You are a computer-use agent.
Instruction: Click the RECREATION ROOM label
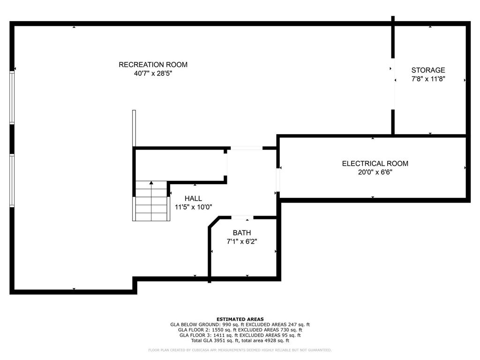pyautogui.click(x=153, y=65)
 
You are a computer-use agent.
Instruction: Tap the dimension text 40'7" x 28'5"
pyautogui.click(x=153, y=74)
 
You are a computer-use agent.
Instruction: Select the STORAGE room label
pyautogui.click(x=428, y=70)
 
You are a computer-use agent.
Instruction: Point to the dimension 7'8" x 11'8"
pyautogui.click(x=428, y=79)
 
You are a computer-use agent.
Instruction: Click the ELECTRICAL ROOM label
pyautogui.click(x=375, y=164)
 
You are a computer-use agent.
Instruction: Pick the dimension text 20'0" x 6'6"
pyautogui.click(x=375, y=172)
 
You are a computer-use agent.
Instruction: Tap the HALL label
pyautogui.click(x=193, y=198)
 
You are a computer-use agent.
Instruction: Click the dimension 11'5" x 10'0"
pyautogui.click(x=193, y=207)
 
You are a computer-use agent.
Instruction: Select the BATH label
pyautogui.click(x=242, y=232)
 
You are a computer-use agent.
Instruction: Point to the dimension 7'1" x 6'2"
pyautogui.click(x=242, y=241)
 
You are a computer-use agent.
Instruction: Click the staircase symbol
pyautogui.click(x=151, y=202)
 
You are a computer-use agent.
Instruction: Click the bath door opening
pyautogui.click(x=243, y=217)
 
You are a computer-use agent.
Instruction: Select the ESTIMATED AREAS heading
pyautogui.click(x=240, y=319)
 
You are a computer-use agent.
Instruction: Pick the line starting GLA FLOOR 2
pyautogui.click(x=240, y=330)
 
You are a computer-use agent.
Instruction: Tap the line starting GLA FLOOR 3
pyautogui.click(x=240, y=335)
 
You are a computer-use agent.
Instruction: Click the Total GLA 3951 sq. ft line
pyautogui.click(x=240, y=341)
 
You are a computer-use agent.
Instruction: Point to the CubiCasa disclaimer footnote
pyautogui.click(x=240, y=350)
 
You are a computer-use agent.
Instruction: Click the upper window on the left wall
pyautogui.click(x=12, y=97)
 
